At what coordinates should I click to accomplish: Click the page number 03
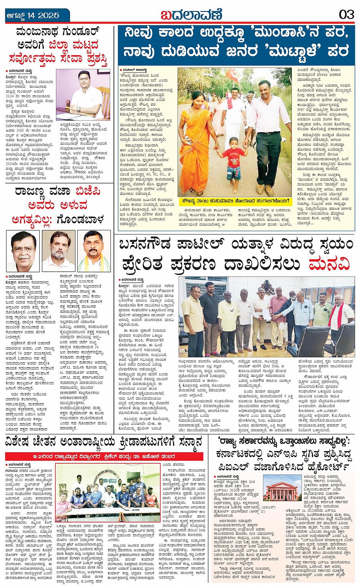pos(346,15)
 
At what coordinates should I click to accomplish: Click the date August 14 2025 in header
pos(33,16)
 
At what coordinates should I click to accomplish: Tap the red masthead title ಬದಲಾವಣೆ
pos(191,15)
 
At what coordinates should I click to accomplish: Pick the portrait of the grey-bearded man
pos(58,251)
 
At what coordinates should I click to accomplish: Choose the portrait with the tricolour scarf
pos(94,251)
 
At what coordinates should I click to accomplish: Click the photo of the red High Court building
pos(282,488)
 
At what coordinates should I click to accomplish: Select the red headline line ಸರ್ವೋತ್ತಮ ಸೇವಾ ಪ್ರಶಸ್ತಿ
pos(58,59)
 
